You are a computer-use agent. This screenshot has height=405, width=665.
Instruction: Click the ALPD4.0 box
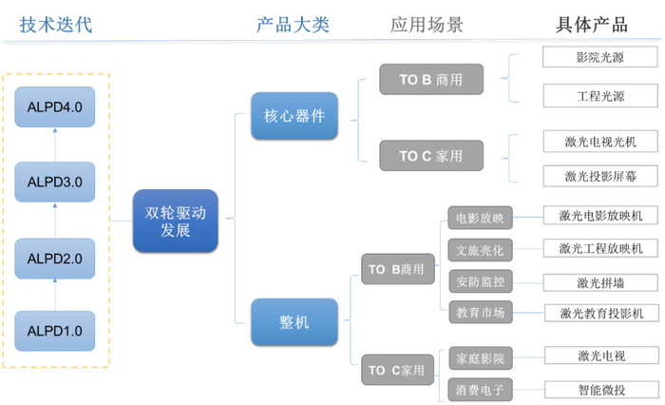(x=54, y=107)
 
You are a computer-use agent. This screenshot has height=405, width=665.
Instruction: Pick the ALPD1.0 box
(x=54, y=331)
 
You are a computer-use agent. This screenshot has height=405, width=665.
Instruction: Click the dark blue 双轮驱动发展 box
(x=168, y=221)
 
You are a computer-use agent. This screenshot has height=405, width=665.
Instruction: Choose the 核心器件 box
(x=294, y=116)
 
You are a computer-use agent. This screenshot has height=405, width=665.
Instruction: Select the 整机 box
(x=294, y=322)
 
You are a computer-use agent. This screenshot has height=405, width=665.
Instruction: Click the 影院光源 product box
(x=599, y=57)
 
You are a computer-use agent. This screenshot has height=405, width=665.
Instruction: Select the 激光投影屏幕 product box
(x=599, y=175)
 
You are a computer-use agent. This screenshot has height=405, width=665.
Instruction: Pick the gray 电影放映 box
(x=480, y=218)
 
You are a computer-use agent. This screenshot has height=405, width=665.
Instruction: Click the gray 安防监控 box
(x=480, y=280)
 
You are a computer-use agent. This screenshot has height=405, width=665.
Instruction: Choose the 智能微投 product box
(x=600, y=388)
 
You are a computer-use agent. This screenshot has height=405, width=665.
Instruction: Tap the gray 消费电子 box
(x=480, y=389)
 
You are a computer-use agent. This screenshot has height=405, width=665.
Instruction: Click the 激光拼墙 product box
(x=600, y=281)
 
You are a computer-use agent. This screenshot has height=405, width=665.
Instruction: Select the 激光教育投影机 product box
(x=600, y=312)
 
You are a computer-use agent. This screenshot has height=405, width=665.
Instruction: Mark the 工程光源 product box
(x=599, y=95)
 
